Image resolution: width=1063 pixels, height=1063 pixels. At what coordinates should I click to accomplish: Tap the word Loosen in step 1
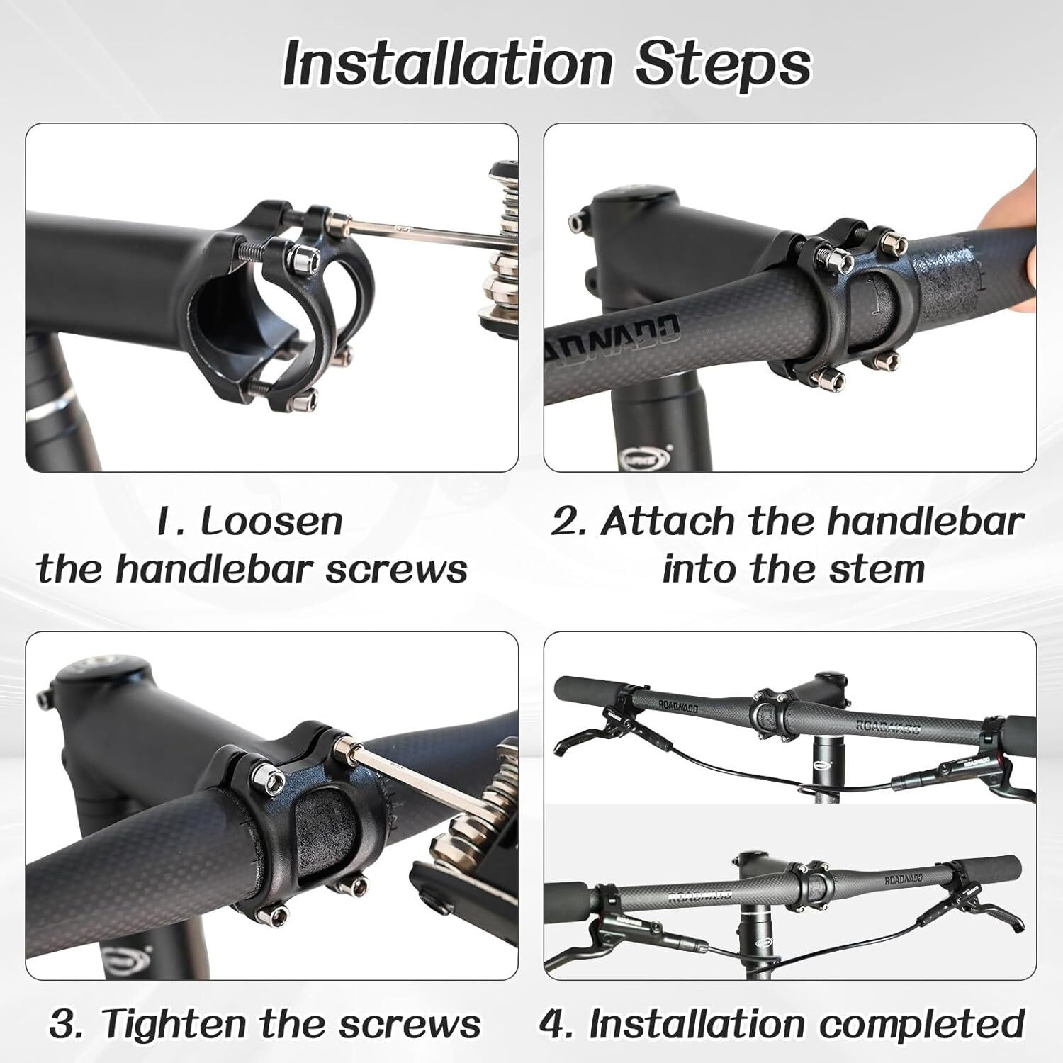click(271, 522)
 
